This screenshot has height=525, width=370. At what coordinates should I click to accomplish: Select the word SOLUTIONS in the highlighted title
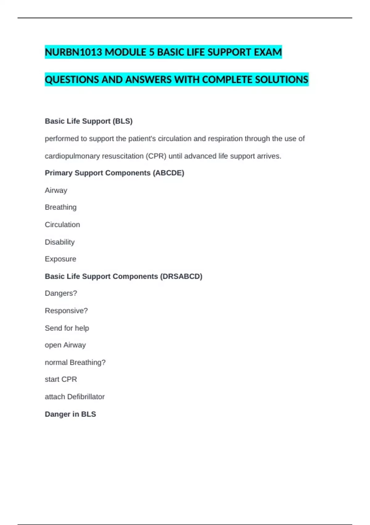click(x=282, y=80)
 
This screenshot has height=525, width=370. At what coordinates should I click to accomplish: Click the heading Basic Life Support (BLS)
click(x=89, y=121)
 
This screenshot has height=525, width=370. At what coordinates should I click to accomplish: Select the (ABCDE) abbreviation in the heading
click(x=168, y=173)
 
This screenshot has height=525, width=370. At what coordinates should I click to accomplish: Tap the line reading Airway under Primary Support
click(x=56, y=190)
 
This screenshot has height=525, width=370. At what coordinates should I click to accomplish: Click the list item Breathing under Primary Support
click(x=61, y=207)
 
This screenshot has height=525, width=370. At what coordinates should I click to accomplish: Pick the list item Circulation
click(x=62, y=225)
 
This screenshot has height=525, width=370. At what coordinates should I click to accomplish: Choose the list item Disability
click(x=60, y=242)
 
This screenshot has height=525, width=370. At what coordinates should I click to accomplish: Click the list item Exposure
click(x=60, y=259)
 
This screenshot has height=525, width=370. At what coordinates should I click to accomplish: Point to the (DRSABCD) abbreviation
click(x=181, y=276)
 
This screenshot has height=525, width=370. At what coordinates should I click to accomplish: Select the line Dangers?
click(x=61, y=293)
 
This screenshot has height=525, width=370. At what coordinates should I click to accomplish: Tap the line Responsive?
click(x=66, y=310)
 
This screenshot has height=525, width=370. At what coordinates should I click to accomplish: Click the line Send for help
click(x=67, y=328)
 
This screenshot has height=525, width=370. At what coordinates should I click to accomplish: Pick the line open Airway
click(x=65, y=345)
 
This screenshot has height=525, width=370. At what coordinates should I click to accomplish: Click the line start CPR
click(x=61, y=379)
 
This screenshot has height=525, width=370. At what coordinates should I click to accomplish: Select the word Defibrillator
click(x=86, y=397)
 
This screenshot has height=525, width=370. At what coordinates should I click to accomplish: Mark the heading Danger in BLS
click(x=70, y=414)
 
